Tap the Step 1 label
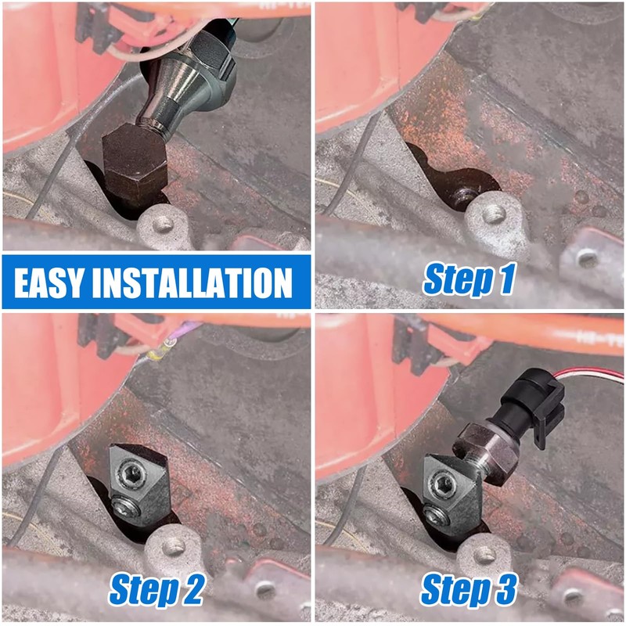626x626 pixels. click(x=469, y=279)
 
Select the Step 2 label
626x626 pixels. click(x=156, y=588)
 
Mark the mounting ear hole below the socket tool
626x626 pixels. click(x=164, y=225)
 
